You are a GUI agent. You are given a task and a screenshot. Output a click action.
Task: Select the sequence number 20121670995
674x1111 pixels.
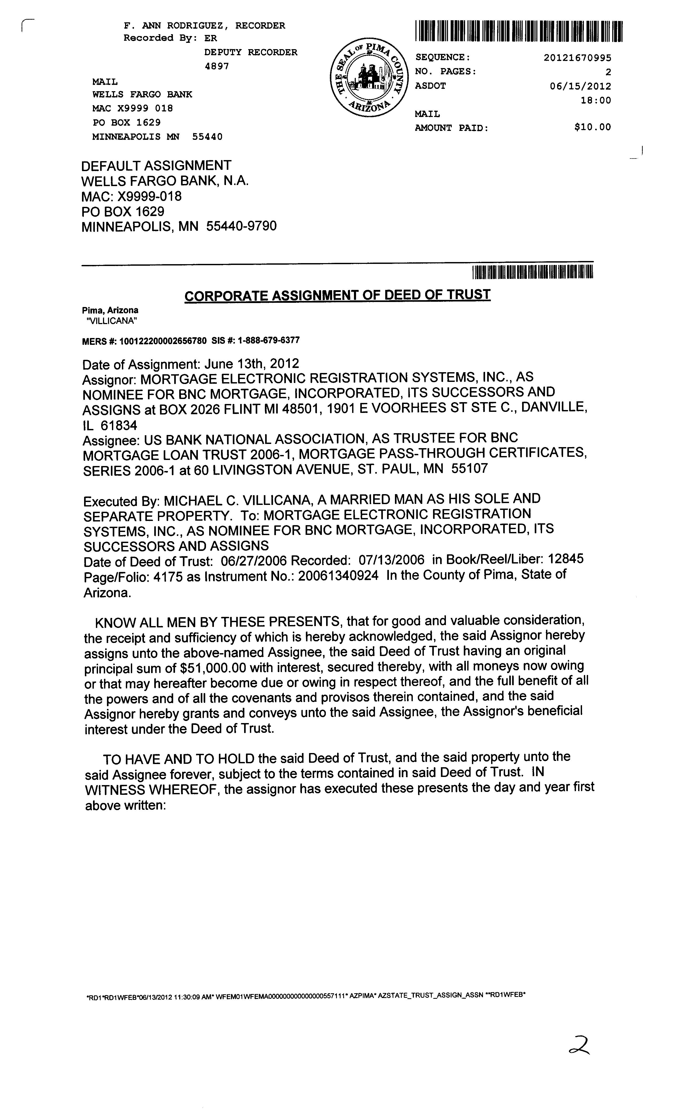[578, 58]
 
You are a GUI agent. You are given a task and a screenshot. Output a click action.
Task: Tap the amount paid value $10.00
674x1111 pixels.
[592, 127]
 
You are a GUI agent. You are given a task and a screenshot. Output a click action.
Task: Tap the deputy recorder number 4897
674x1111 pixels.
[217, 66]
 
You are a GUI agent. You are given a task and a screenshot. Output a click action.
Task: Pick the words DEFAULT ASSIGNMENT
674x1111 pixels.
[156, 166]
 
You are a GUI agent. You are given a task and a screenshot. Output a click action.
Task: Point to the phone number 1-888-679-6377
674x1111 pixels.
[269, 340]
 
